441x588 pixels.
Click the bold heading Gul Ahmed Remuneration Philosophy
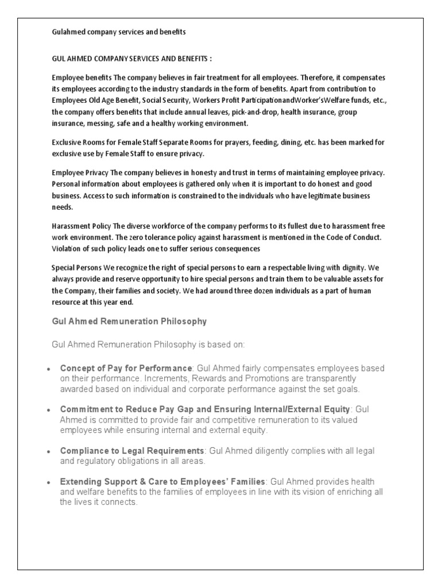tap(129, 322)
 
